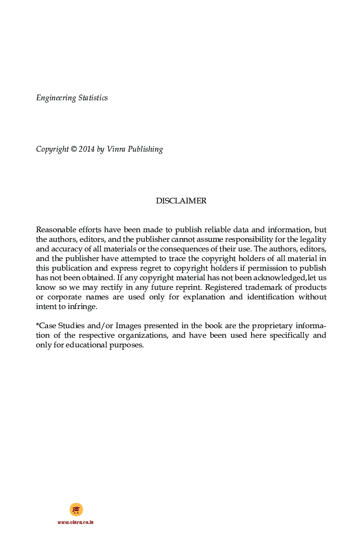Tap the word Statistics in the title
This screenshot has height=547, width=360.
[x=93, y=98]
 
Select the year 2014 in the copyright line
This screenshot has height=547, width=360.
[x=87, y=149]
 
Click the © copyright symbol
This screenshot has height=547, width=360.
[x=73, y=149]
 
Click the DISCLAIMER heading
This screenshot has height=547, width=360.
[x=181, y=201]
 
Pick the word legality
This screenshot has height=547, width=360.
[x=313, y=239]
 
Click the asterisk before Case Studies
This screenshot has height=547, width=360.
[x=37, y=325]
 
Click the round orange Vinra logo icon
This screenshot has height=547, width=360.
[x=76, y=509]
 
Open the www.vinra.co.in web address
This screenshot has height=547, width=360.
[x=75, y=522]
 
